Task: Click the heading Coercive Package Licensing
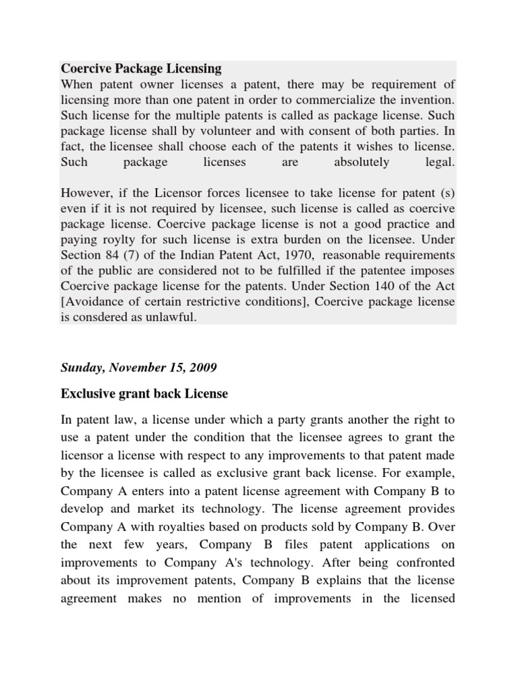pyautogui.click(x=141, y=69)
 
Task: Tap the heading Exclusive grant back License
pyautogui.click(x=144, y=394)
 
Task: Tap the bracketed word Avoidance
pyautogui.click(x=93, y=302)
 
